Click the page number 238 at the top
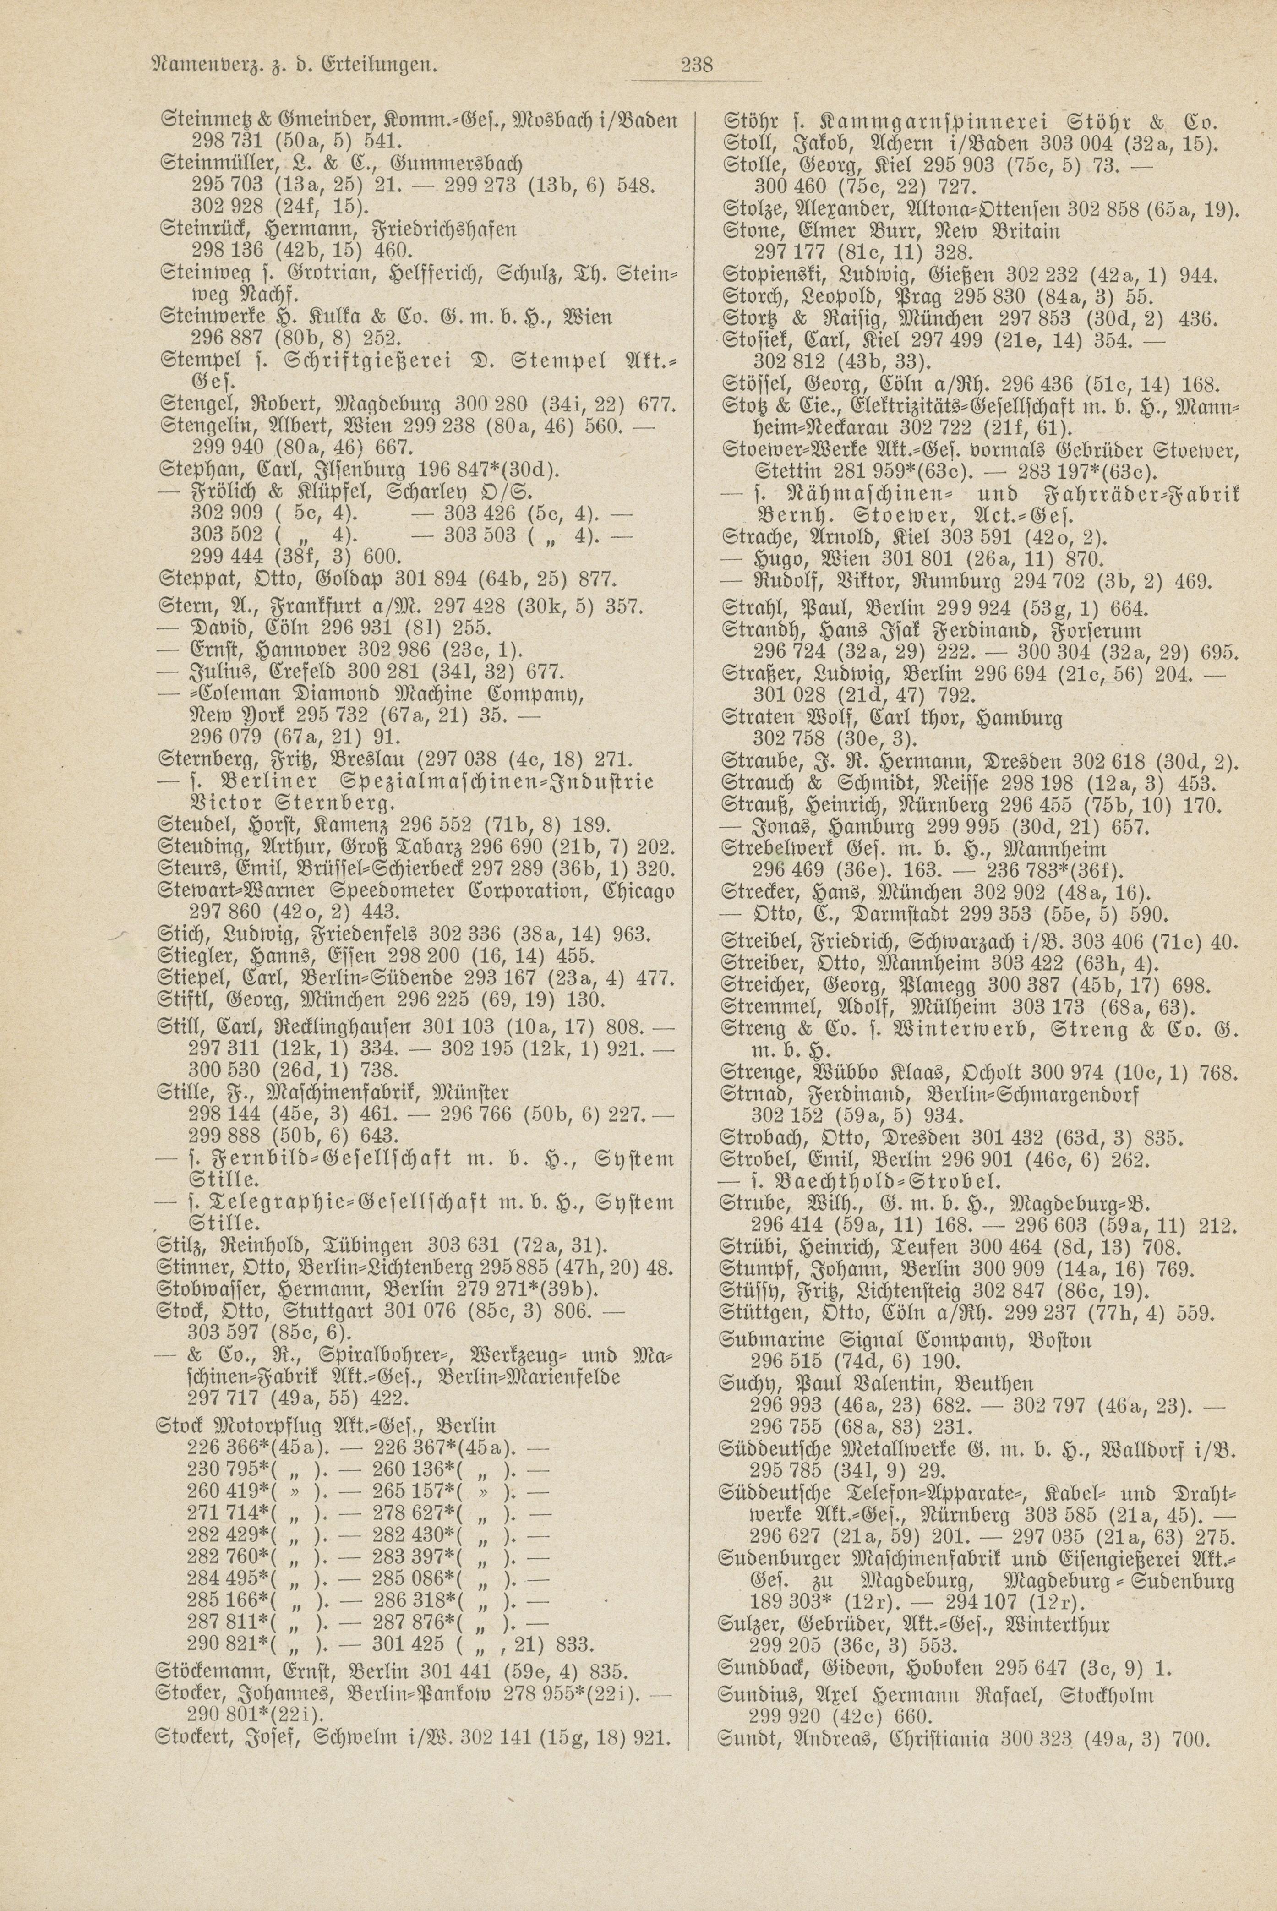point(696,64)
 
